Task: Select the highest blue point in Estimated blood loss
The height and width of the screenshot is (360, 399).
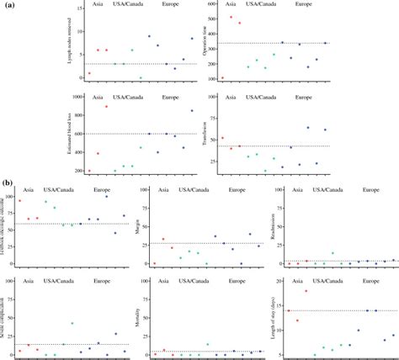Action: coord(192,110)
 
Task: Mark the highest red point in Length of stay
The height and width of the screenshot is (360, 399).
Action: coord(306,291)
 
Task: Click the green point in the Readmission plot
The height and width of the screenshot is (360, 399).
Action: coord(332,253)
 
